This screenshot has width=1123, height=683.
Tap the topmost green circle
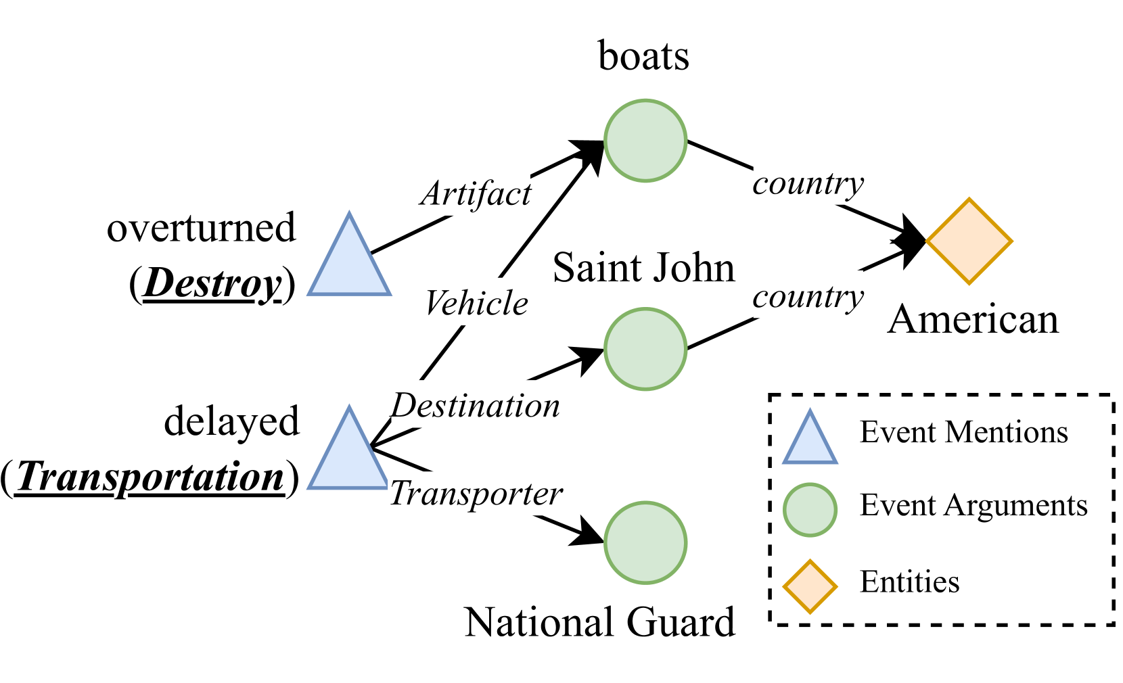coord(645,141)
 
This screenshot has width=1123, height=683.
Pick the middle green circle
coord(645,349)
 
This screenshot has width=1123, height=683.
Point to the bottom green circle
coord(645,542)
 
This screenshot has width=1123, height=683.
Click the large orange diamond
coord(969,241)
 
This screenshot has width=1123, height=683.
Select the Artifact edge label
coord(475,193)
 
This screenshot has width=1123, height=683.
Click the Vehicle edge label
coord(475,302)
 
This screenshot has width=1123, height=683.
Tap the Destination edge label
coord(475,404)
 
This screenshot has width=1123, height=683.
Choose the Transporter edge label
coord(475,493)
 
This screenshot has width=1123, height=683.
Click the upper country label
coord(808,181)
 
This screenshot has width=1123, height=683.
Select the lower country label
coord(808,294)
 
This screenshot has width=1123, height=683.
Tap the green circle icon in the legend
coord(810,510)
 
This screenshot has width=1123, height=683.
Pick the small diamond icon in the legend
coord(810,586)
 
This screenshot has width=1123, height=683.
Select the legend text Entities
coord(909,582)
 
